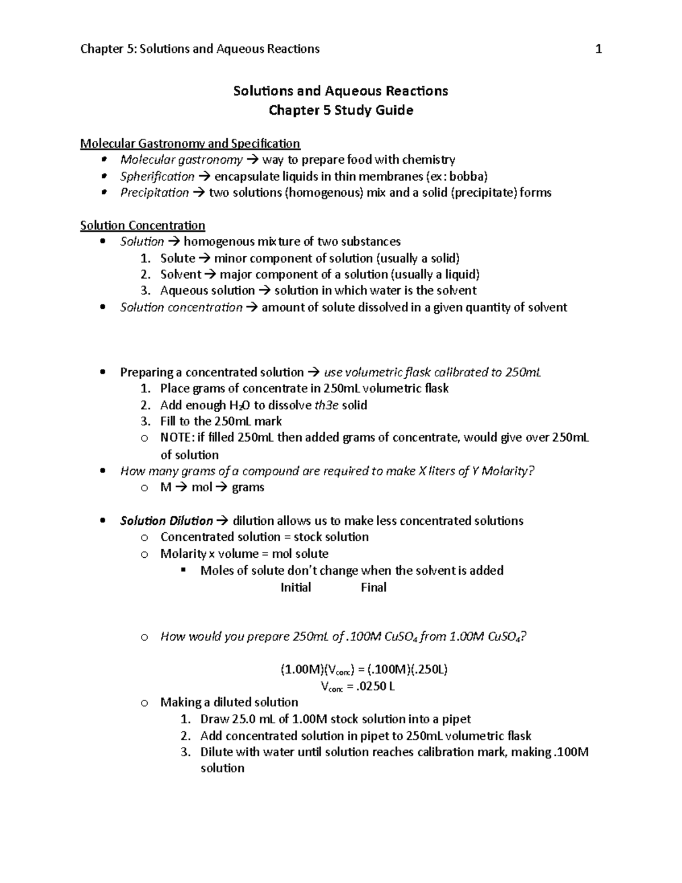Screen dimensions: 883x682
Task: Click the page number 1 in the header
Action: coord(598,49)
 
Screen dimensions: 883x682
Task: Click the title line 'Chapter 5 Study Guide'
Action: coord(340,110)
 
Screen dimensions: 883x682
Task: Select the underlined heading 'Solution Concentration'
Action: coord(143,225)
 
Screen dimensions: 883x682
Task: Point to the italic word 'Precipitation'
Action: coord(154,193)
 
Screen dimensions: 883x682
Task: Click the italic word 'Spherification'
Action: coord(157,176)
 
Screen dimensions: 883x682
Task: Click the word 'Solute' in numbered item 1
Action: coord(177,258)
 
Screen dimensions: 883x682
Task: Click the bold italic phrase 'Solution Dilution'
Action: coord(166,521)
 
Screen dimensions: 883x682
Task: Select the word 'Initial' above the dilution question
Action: coord(296,587)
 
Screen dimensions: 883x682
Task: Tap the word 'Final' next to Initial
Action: coord(373,587)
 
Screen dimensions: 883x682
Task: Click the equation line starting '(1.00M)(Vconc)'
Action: coord(364,669)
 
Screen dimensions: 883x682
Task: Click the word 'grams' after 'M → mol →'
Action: coord(248,487)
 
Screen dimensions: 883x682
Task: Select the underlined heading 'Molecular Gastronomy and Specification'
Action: coord(190,143)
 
